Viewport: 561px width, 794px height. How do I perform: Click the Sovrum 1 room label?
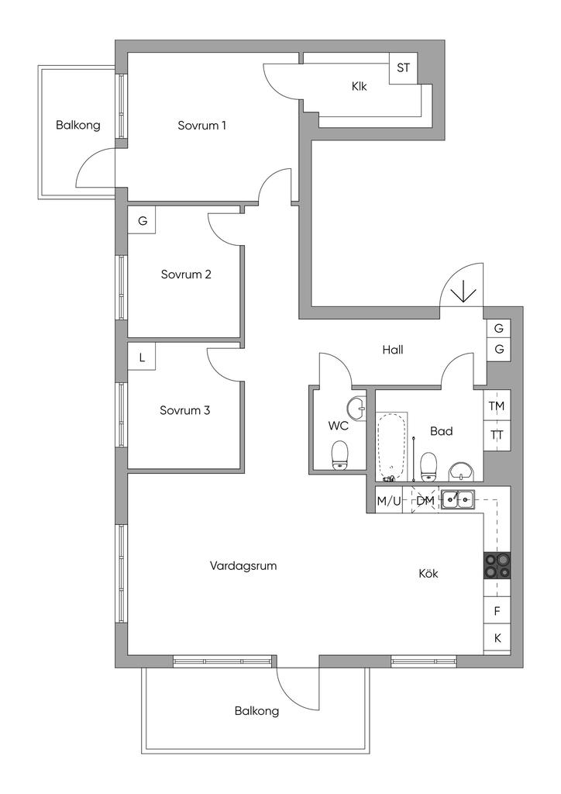(x=201, y=125)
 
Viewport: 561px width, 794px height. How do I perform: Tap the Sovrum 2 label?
(x=186, y=274)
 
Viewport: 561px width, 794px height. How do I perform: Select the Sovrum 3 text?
(x=185, y=410)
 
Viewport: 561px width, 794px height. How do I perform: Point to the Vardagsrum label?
(x=243, y=566)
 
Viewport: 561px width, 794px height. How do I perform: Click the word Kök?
(x=428, y=574)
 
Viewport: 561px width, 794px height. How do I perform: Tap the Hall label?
(x=393, y=350)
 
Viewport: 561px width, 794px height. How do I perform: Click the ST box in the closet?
(x=403, y=68)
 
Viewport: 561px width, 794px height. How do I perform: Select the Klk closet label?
(x=359, y=87)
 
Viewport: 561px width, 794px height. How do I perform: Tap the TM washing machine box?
(x=497, y=406)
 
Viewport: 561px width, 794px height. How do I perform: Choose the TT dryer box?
(x=497, y=435)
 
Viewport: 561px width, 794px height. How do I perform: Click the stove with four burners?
(x=497, y=564)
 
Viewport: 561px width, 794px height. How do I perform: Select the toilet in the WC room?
(x=340, y=455)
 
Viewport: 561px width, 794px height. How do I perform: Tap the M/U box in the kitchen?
(x=389, y=501)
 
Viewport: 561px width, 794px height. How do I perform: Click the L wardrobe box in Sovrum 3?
(x=142, y=357)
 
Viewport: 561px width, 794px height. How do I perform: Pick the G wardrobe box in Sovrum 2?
(x=142, y=221)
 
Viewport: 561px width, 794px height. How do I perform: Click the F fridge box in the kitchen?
(x=497, y=611)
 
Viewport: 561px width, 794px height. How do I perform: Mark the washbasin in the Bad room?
(x=463, y=470)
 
